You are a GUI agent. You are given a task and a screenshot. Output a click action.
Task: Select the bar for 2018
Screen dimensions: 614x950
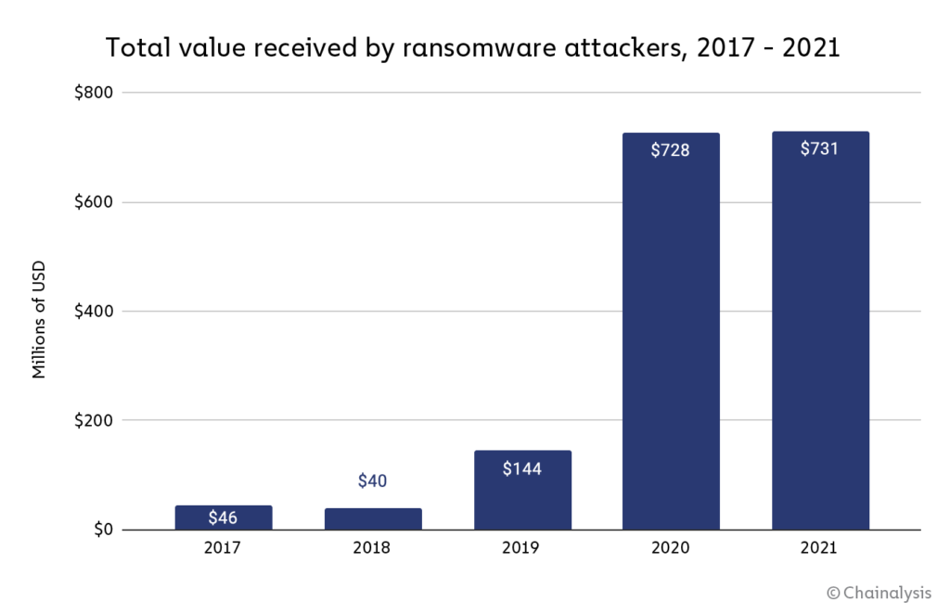(x=372, y=519)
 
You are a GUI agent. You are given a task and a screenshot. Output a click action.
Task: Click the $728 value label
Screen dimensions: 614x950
(x=670, y=149)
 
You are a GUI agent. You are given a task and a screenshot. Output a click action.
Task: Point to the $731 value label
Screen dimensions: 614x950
(x=820, y=148)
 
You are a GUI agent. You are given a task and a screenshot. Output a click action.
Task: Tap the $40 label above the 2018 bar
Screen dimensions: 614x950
(x=372, y=481)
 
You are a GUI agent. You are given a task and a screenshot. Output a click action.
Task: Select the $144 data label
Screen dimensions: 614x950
(x=521, y=469)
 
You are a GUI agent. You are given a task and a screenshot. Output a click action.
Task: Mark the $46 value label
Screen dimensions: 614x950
(x=223, y=518)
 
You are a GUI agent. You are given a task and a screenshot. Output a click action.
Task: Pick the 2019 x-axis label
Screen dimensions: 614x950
(x=521, y=548)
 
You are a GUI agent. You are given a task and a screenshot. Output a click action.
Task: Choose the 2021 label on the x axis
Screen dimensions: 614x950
(x=820, y=548)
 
